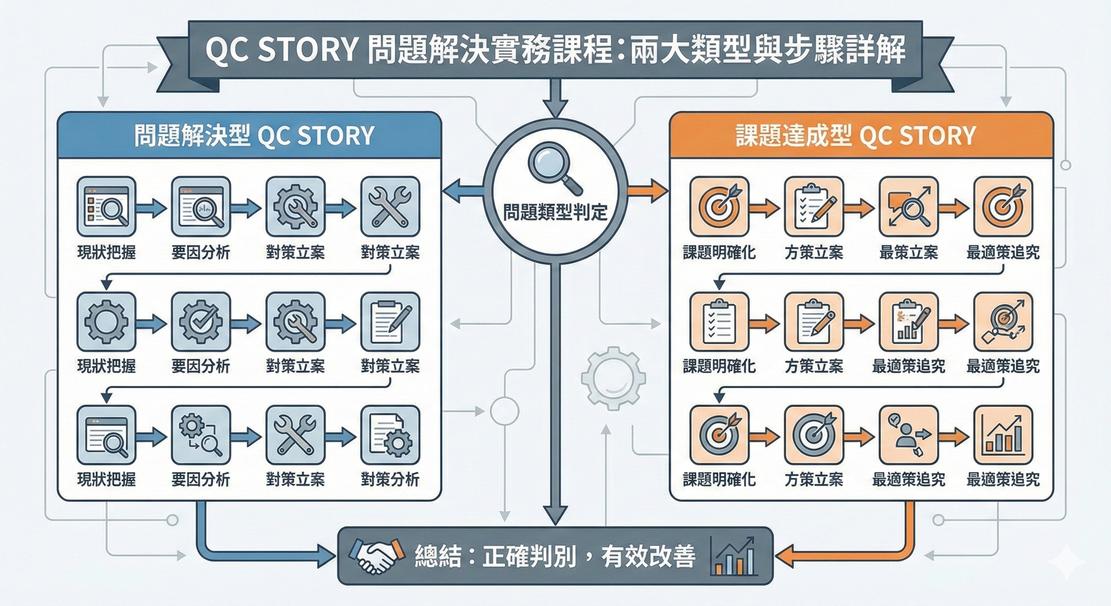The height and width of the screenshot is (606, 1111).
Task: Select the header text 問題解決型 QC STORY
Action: (254, 136)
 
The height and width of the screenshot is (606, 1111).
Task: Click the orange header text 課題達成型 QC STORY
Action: (855, 136)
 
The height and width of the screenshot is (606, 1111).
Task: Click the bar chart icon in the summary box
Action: (734, 556)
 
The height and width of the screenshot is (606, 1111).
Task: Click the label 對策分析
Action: (390, 479)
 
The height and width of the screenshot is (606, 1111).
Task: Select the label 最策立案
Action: (908, 253)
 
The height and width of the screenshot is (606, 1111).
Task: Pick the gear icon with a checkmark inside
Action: (201, 322)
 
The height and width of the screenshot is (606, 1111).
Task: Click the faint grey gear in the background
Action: (613, 378)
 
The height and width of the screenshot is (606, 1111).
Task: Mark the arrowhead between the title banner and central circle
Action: (555, 107)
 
